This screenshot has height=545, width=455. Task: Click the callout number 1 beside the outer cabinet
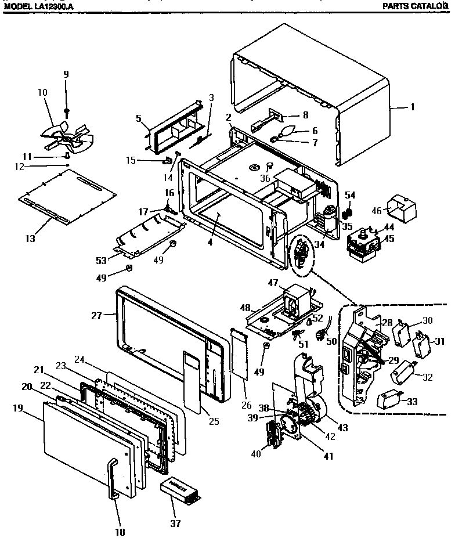(x=413, y=107)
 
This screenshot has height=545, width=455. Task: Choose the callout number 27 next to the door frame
(x=96, y=315)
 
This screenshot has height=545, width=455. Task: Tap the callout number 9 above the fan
(x=66, y=74)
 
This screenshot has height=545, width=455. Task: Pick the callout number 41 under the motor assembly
(x=328, y=456)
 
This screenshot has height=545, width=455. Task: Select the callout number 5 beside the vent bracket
(x=139, y=118)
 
